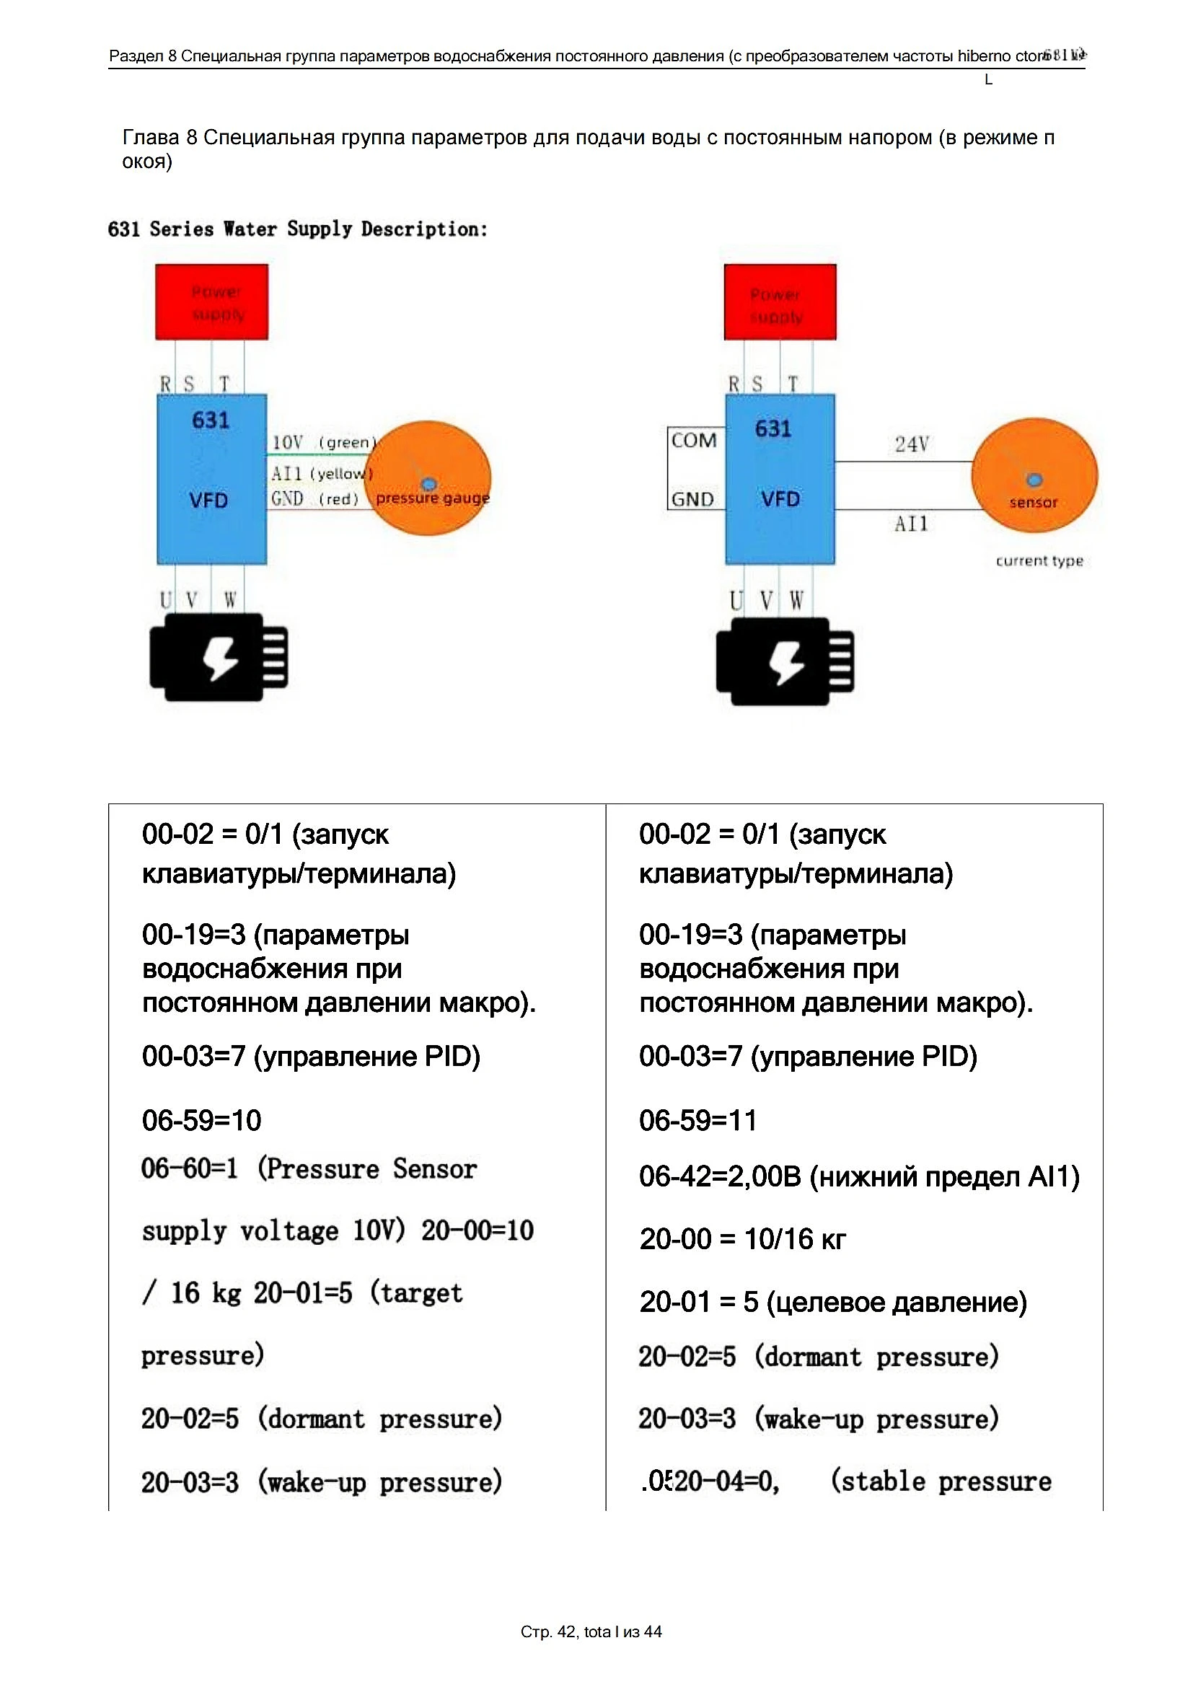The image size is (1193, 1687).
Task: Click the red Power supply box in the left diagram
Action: click(x=211, y=302)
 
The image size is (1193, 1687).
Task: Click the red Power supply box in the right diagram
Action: click(x=780, y=302)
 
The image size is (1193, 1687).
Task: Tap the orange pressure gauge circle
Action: click(x=428, y=477)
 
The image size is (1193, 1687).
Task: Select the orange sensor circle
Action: click(x=1034, y=475)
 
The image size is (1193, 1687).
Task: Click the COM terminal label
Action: click(x=693, y=440)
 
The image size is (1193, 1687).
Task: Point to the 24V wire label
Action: click(x=912, y=444)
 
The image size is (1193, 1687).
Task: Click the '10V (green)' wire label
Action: click(x=324, y=442)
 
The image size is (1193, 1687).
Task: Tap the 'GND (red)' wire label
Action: click(x=314, y=499)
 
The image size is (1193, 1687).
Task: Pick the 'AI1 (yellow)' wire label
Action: click(x=321, y=473)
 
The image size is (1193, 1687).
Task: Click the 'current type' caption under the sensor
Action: click(x=1039, y=560)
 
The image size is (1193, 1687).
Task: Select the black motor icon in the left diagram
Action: click(x=218, y=657)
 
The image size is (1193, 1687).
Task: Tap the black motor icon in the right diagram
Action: click(x=785, y=661)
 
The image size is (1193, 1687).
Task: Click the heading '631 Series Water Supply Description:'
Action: click(x=297, y=229)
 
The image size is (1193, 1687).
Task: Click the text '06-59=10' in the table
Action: click(x=201, y=1121)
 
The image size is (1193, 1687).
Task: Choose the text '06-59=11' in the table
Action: click(x=698, y=1121)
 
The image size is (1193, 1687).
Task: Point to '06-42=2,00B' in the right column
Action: click(x=720, y=1177)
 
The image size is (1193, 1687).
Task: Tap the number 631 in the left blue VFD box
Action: click(x=210, y=420)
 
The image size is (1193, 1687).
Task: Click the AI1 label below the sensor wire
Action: click(x=911, y=524)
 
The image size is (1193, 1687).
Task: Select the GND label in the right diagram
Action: click(x=692, y=500)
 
